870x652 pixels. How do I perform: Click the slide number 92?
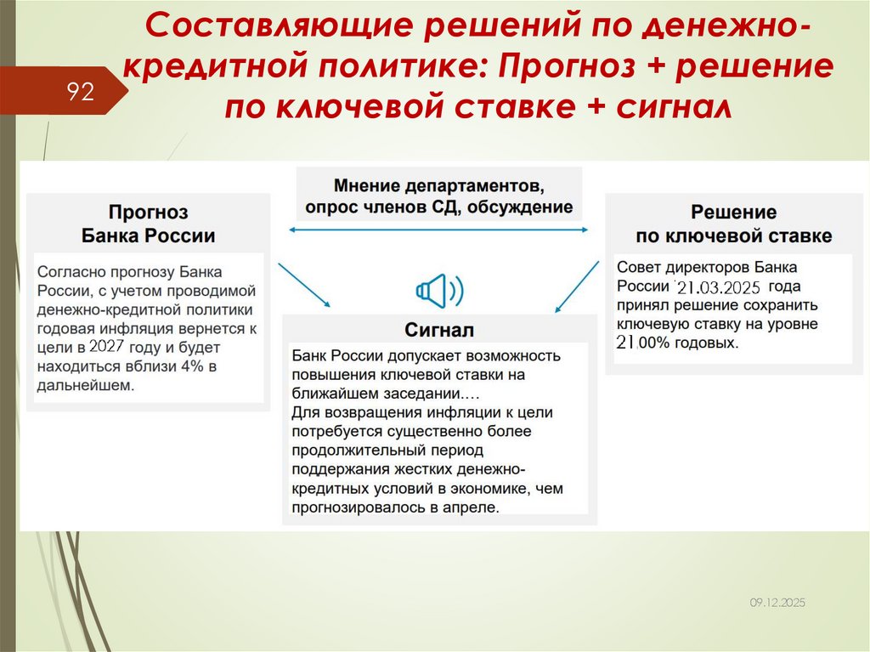pyautogui.click(x=81, y=92)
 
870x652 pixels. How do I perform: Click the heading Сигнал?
pyautogui.click(x=439, y=329)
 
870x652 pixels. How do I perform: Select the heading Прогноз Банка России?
pyautogui.click(x=148, y=224)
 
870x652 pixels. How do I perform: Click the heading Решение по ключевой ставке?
pyautogui.click(x=733, y=224)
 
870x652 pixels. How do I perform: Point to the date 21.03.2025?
pyautogui.click(x=719, y=287)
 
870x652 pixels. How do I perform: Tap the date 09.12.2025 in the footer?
pyautogui.click(x=777, y=602)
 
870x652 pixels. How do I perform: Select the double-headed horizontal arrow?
pyautogui.click(x=439, y=230)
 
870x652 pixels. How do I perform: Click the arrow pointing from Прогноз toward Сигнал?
pyautogui.click(x=304, y=285)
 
